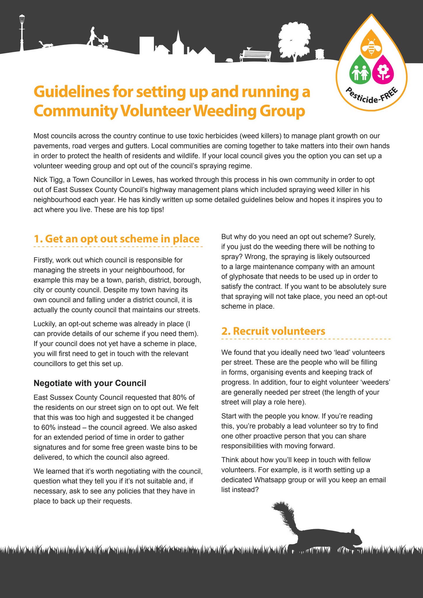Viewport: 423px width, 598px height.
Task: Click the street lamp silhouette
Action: click(x=22, y=34)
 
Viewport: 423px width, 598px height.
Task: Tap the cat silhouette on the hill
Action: click(x=46, y=44)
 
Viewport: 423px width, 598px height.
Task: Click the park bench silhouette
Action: click(x=255, y=55)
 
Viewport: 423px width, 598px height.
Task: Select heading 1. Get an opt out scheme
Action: click(x=116, y=239)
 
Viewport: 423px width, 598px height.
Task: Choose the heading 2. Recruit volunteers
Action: click(x=273, y=331)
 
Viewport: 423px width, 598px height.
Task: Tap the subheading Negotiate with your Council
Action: click(x=90, y=383)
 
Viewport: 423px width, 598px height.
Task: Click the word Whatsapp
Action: click(x=268, y=480)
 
